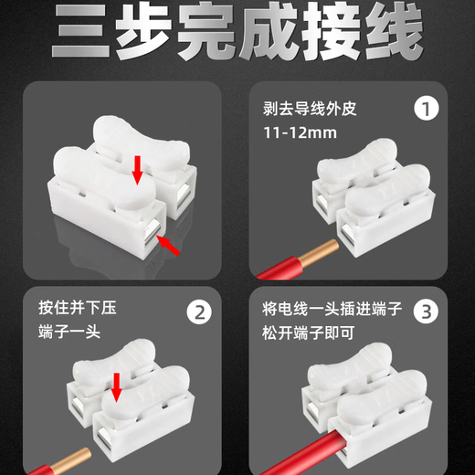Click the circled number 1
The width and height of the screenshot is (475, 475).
click(427, 109)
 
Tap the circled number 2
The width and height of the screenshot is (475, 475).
click(199, 312)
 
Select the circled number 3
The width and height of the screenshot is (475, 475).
click(426, 311)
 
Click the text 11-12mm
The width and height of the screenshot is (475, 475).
click(300, 132)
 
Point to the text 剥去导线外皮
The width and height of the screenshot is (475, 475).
click(310, 109)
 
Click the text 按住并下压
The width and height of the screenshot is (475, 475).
click(78, 308)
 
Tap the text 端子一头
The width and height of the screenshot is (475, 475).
click(69, 332)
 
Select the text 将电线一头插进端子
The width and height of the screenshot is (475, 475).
click(332, 309)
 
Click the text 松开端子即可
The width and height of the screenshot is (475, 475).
click(309, 332)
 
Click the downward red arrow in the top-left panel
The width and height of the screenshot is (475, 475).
click(137, 170)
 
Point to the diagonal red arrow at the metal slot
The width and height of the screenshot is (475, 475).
click(168, 245)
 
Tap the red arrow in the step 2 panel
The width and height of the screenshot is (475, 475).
click(116, 387)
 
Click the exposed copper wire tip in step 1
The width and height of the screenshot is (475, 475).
click(320, 252)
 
